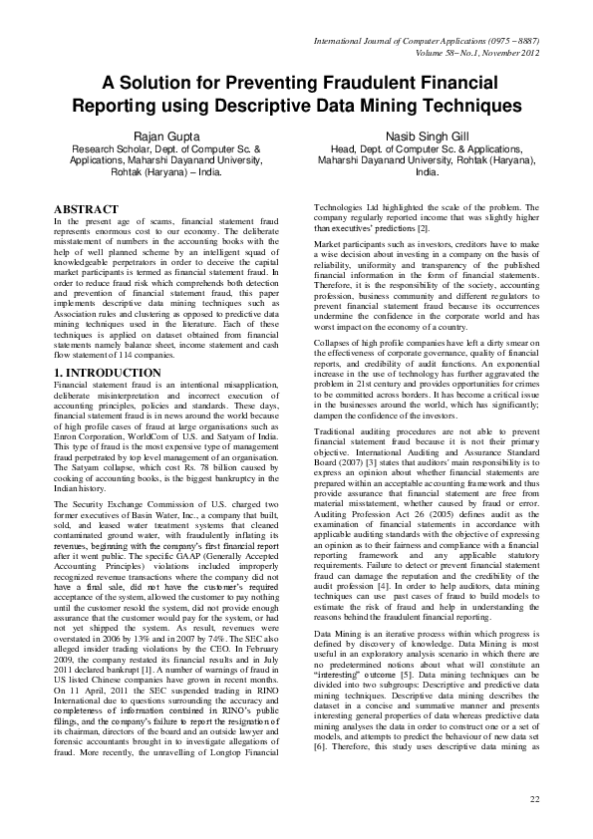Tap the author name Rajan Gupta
(161, 136)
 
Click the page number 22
(534, 799)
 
